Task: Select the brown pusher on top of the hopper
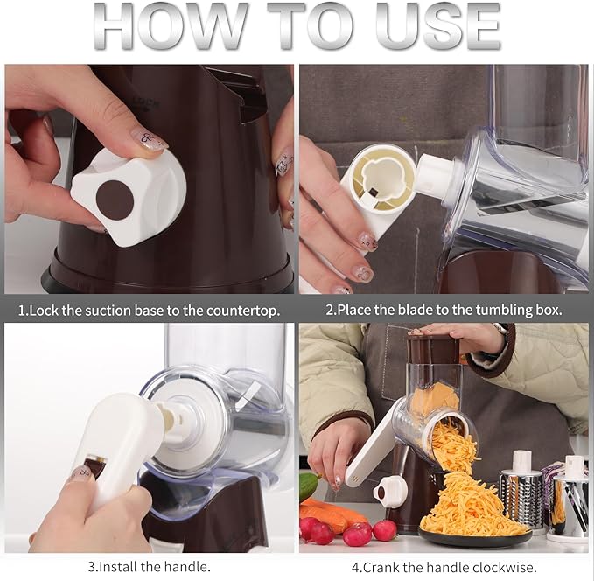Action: click(433, 349)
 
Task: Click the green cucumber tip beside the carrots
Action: click(307, 486)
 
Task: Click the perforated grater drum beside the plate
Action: click(522, 494)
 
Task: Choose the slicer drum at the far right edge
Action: click(571, 503)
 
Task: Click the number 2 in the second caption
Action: click(330, 310)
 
